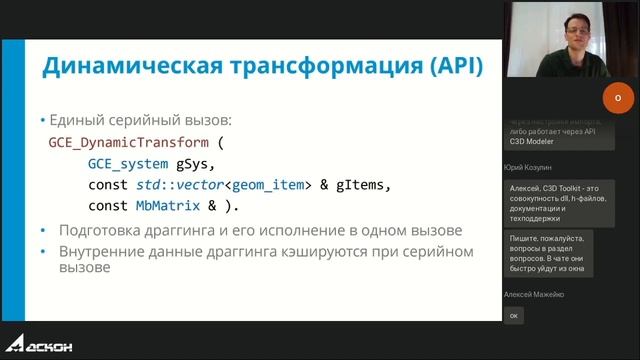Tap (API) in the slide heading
coord(445,67)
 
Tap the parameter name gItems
coord(359,185)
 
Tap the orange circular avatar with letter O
coord(617,97)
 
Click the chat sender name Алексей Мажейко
coord(535,294)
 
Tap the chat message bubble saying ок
coord(514,316)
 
